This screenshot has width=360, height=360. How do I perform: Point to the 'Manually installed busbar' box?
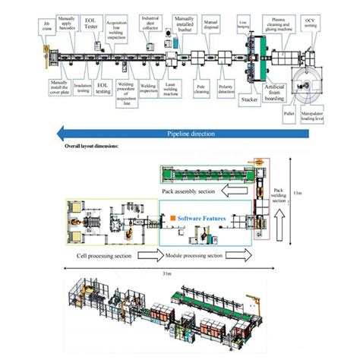click(184, 24)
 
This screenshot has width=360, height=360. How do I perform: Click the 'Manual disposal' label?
click(213, 27)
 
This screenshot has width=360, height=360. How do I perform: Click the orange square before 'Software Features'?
click(174, 219)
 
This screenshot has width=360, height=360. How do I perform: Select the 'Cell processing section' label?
click(106, 256)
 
